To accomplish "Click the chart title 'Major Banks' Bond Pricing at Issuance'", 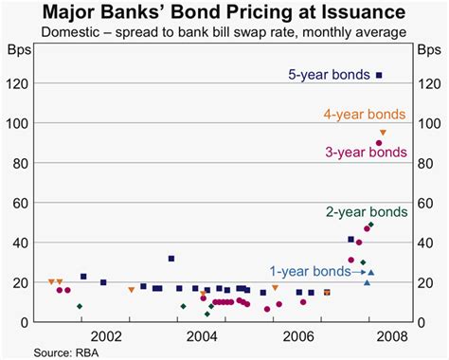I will point(224,12).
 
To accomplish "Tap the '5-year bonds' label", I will point(332,75).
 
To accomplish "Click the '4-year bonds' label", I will point(365,115).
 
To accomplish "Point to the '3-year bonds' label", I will point(365,152).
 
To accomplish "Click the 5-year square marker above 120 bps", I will point(380,75).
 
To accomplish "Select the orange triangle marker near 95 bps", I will point(383,133).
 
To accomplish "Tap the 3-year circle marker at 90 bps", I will point(379,143).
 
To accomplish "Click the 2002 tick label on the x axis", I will point(105,336).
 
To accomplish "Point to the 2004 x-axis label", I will point(202,336).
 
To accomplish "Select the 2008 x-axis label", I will point(395,336).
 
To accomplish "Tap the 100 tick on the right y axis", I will point(428,123).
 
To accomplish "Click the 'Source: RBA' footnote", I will point(38,352).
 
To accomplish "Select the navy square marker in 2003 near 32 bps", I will point(171,258).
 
